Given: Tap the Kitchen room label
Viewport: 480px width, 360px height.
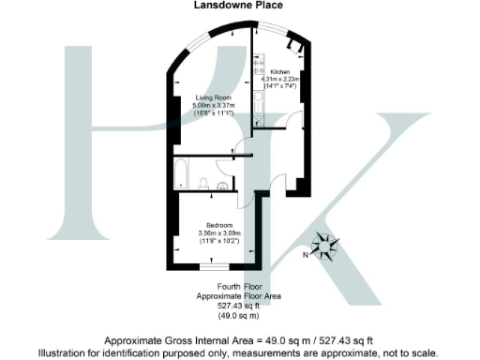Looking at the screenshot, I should (280, 72).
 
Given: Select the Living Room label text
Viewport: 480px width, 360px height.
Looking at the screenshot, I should (214, 97).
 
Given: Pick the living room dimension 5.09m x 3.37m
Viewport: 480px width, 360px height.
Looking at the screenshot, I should (215, 105).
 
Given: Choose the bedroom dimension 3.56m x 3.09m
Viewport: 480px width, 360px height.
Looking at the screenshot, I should (218, 232).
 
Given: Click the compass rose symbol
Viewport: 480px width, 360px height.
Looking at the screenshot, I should (327, 246).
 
